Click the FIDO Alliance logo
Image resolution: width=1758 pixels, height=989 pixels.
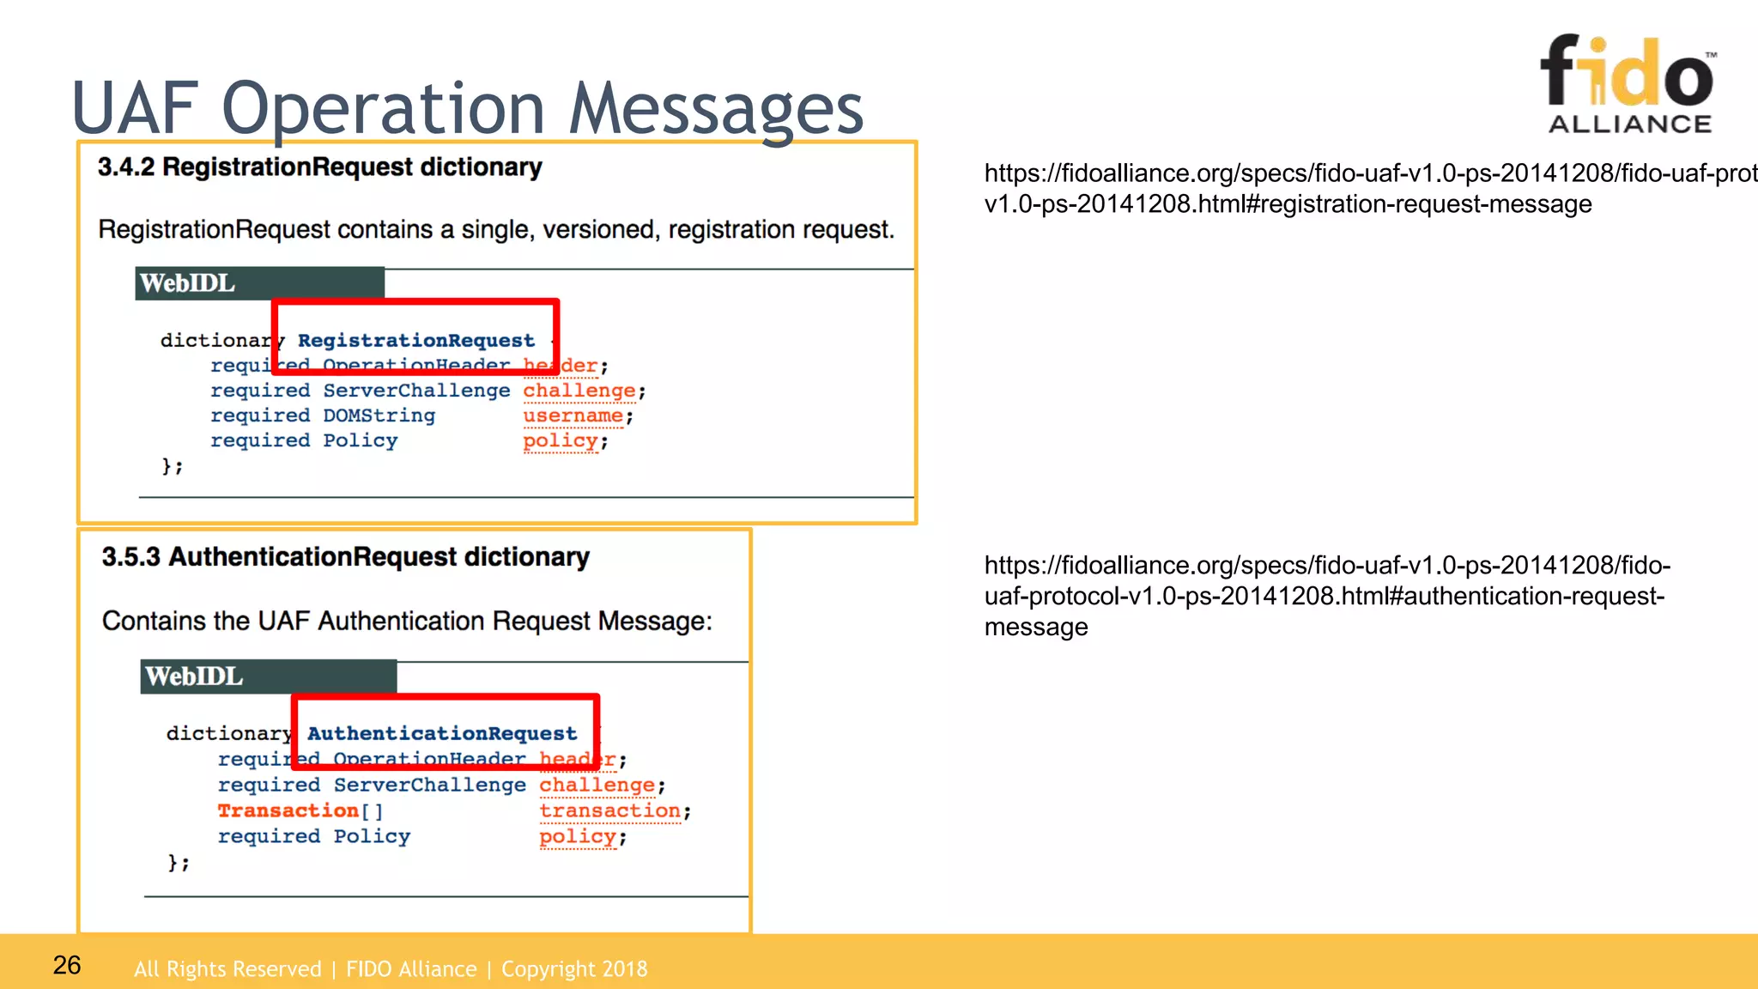tap(1628, 84)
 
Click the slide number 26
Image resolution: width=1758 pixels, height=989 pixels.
tap(67, 966)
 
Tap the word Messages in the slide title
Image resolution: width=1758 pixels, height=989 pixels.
tap(716, 109)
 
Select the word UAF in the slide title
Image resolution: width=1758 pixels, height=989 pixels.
tap(135, 109)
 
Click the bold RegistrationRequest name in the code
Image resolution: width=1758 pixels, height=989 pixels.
tap(415, 341)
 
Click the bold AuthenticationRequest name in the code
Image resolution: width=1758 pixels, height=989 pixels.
tap(441, 734)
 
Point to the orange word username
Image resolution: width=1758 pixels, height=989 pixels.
tap(573, 416)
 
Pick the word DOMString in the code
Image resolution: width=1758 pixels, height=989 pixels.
tap(379, 416)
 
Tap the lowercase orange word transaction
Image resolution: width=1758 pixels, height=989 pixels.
tap(609, 811)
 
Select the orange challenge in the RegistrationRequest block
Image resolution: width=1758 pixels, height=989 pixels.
tap(579, 391)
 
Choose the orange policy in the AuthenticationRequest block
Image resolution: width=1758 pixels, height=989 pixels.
tap(577, 837)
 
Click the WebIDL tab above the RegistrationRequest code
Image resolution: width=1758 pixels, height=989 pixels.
tap(187, 283)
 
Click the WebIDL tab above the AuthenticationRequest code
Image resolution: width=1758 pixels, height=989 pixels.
tap(194, 677)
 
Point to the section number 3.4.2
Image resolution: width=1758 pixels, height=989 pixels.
tap(125, 167)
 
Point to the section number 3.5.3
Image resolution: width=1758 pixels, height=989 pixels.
tap(130, 557)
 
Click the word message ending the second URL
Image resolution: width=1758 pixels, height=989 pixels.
tap(1036, 628)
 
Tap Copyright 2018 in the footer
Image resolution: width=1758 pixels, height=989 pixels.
tap(574, 969)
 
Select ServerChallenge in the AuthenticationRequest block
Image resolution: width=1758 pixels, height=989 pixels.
tap(429, 786)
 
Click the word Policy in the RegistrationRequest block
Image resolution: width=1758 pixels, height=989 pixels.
tap(360, 441)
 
